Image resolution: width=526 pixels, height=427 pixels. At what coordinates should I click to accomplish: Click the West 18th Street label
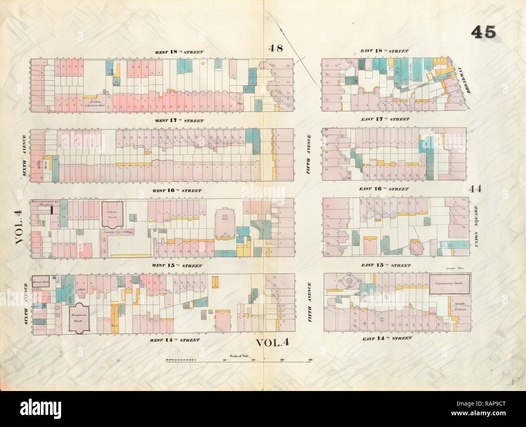click(x=179, y=52)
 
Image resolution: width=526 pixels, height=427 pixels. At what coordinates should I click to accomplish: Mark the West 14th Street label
click(x=179, y=340)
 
